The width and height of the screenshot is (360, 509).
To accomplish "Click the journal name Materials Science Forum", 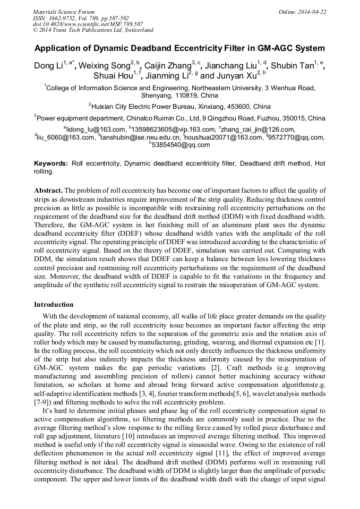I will click(x=64, y=12).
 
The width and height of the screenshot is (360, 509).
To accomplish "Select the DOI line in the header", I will click(x=88, y=24).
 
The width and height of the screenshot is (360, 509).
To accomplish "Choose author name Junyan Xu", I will click(x=235, y=76).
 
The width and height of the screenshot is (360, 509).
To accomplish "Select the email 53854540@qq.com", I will click(x=181, y=145).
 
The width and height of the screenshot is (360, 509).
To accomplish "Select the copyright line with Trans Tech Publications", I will click(x=93, y=30).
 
